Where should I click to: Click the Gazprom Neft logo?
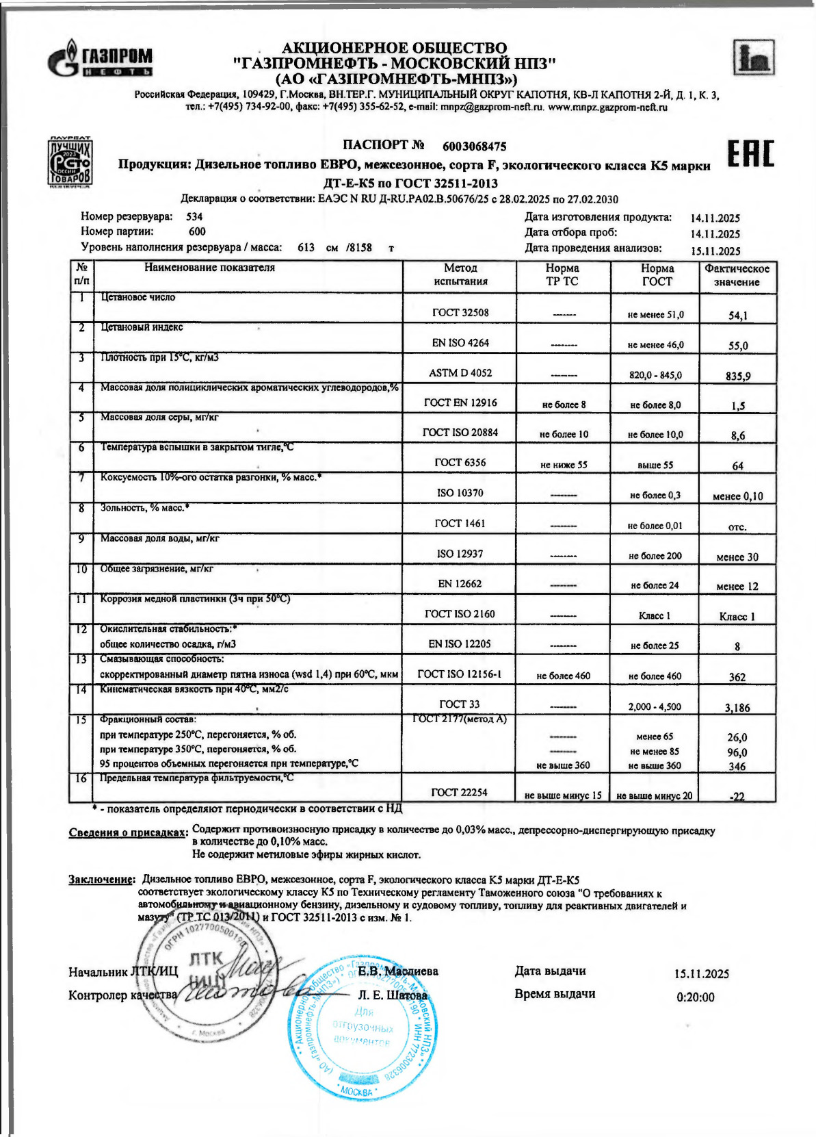(100, 60)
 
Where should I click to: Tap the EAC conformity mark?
(750, 153)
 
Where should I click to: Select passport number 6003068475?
(474, 146)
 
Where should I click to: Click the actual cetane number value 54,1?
(737, 316)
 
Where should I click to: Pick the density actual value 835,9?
(737, 376)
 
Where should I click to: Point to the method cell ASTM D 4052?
(460, 373)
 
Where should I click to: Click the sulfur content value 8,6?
(737, 435)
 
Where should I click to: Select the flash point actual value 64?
(737, 466)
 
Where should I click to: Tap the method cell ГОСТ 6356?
(460, 463)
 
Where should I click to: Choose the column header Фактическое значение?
(737, 275)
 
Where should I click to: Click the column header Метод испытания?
(460, 274)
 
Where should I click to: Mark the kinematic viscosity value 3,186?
(737, 708)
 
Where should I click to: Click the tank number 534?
(195, 217)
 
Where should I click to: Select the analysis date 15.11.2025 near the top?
(715, 251)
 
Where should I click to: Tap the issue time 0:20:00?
(695, 997)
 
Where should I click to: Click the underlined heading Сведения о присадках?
(128, 832)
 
